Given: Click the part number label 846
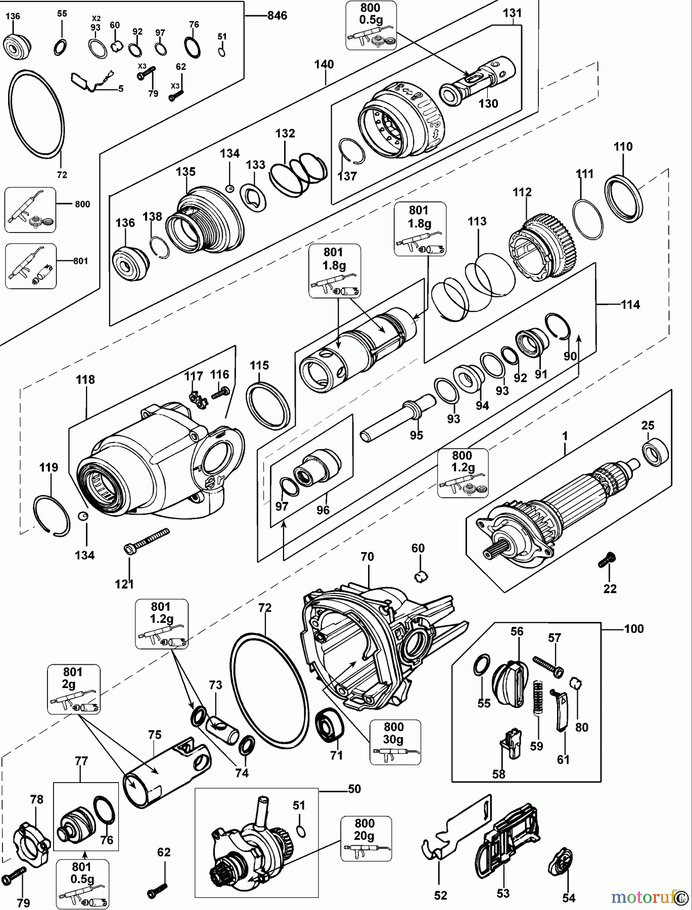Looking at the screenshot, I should point(276,16).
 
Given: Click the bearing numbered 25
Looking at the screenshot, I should point(656,452).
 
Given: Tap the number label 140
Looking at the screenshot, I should point(324,65).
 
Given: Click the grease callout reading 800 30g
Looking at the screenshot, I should point(394,741).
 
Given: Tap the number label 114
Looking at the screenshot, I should point(630,304).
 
